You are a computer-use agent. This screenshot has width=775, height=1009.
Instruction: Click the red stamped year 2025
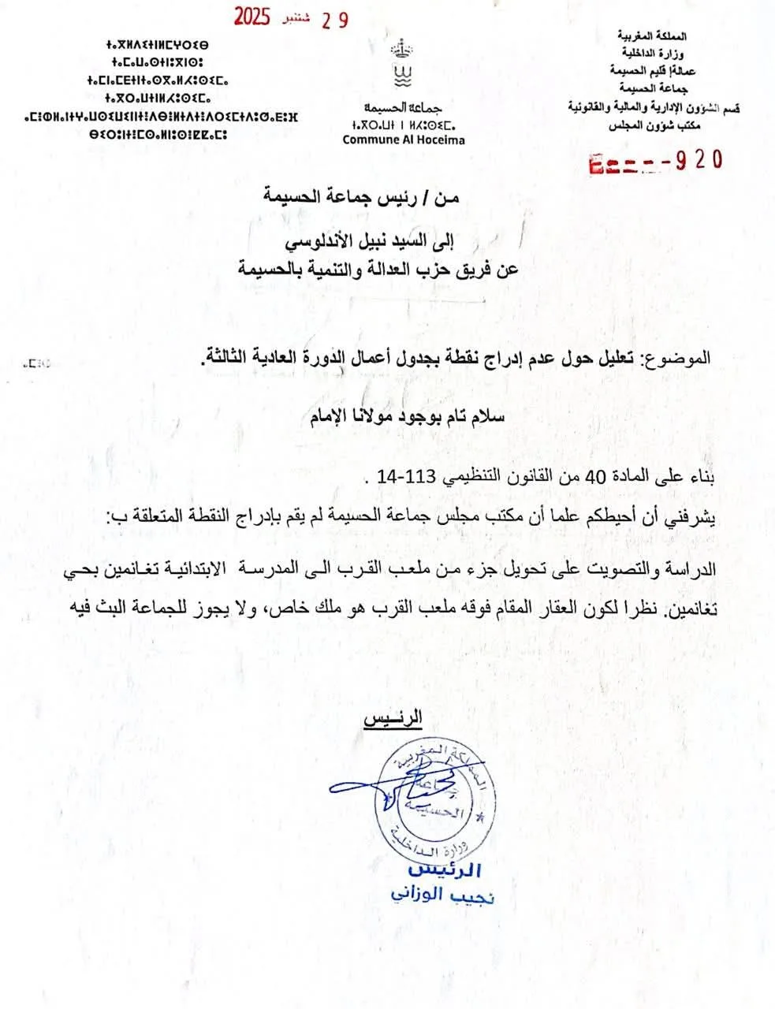[252, 17]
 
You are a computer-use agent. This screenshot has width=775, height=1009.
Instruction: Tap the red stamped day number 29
[333, 20]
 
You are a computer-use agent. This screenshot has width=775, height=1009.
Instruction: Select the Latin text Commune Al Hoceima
[404, 140]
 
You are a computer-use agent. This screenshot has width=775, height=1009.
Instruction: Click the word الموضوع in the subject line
[679, 358]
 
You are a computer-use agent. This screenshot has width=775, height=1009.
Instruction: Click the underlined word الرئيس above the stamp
[392, 718]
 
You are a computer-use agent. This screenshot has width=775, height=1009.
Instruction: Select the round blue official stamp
[429, 801]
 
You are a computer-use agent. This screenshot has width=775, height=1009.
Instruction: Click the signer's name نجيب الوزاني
[443, 897]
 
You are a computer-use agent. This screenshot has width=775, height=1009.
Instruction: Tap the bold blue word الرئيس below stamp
[445, 871]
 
